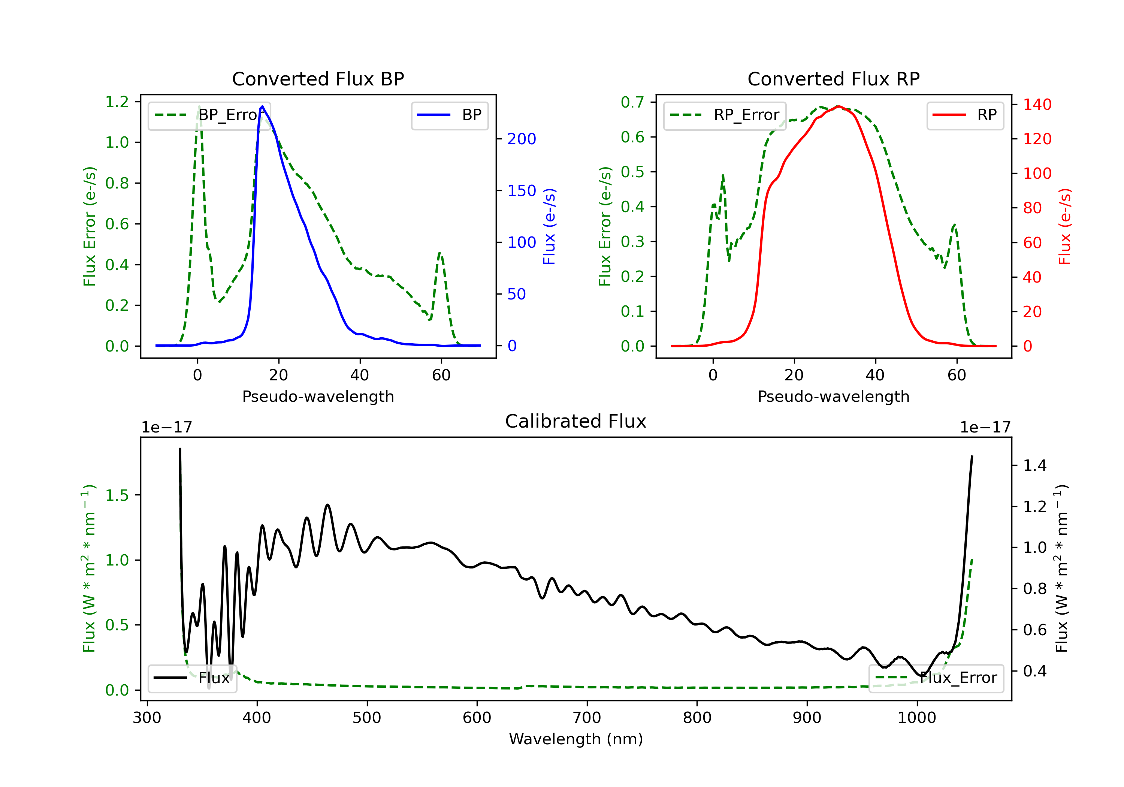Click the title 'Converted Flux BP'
pos(318,79)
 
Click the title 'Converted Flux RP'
pos(833,79)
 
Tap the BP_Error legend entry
pos(209,115)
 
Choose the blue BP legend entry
pos(449,115)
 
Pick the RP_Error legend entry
pos(725,115)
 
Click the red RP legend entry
pos(964,115)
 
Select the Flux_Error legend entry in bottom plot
pos(936,678)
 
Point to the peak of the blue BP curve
pos(262,106)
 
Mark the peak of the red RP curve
pos(838,106)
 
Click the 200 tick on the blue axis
pos(522,139)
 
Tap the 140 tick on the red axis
pos(1037,104)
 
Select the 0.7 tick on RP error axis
pos(632,102)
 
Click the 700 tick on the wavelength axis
pos(586,718)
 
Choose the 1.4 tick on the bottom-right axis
pos(1034,465)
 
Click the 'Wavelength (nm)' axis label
pos(576,739)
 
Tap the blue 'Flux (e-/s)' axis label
pos(549,226)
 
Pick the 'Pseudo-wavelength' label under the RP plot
pos(833,396)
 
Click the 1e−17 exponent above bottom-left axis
pos(166,428)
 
